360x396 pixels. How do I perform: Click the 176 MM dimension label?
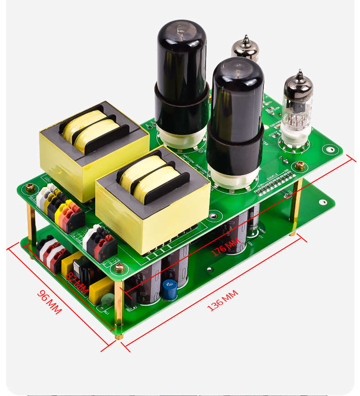[x=225, y=248]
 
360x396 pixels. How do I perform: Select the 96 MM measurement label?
[x=49, y=302]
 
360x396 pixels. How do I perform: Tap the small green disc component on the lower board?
[x=108, y=301]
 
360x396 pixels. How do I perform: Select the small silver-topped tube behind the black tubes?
[x=245, y=48]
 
